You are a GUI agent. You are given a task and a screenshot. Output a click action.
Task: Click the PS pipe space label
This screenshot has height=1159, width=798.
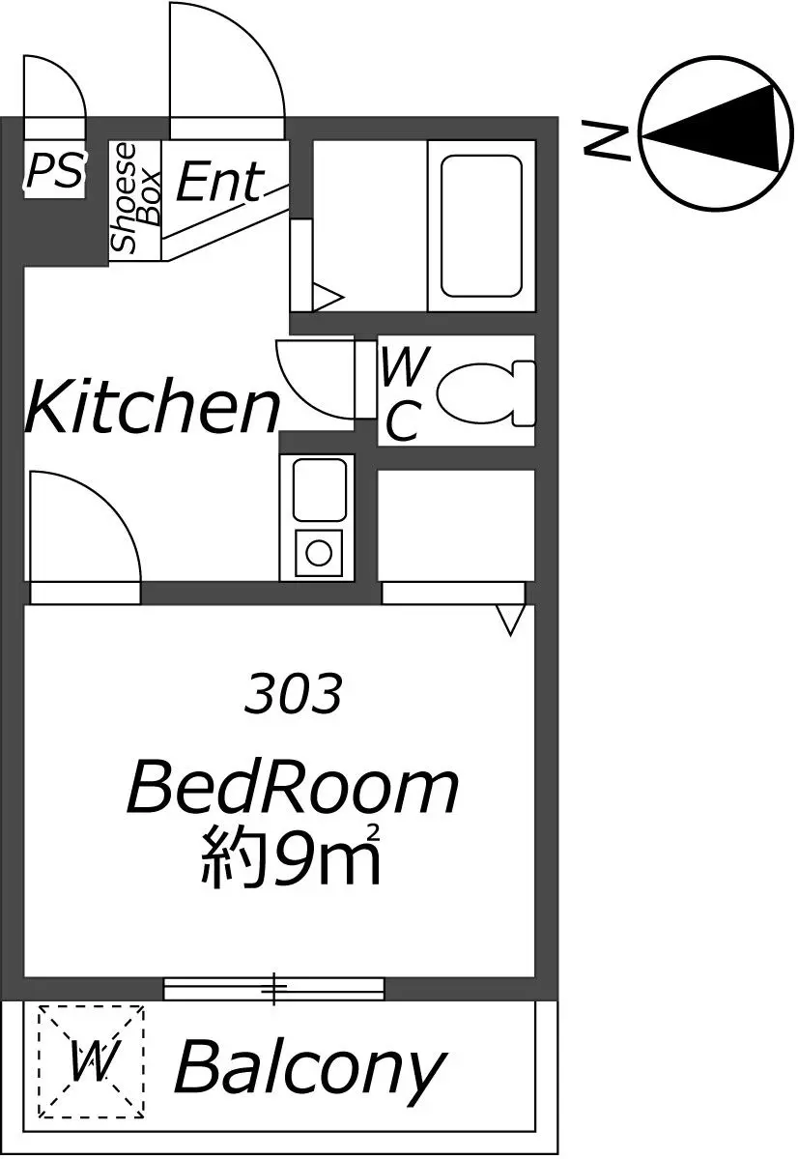click(55, 171)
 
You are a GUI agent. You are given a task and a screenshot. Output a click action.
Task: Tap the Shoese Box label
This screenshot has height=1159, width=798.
click(135, 197)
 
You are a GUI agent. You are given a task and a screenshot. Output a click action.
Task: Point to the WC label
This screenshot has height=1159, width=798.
click(405, 393)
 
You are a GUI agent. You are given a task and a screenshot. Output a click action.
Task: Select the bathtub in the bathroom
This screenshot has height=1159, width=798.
click(482, 225)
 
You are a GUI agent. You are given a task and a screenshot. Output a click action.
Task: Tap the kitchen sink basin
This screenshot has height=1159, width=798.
click(319, 489)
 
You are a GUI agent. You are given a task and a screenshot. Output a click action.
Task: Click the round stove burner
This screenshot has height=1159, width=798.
click(319, 552)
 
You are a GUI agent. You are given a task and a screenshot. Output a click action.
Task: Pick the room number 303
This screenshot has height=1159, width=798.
click(294, 694)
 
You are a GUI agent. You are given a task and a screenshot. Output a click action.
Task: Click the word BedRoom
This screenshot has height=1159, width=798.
click(293, 790)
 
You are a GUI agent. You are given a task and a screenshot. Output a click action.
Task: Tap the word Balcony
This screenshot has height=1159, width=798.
click(310, 1068)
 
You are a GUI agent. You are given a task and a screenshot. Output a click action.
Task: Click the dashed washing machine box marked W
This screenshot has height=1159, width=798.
click(91, 1062)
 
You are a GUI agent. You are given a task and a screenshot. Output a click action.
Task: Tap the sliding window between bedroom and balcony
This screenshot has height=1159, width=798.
click(273, 988)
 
